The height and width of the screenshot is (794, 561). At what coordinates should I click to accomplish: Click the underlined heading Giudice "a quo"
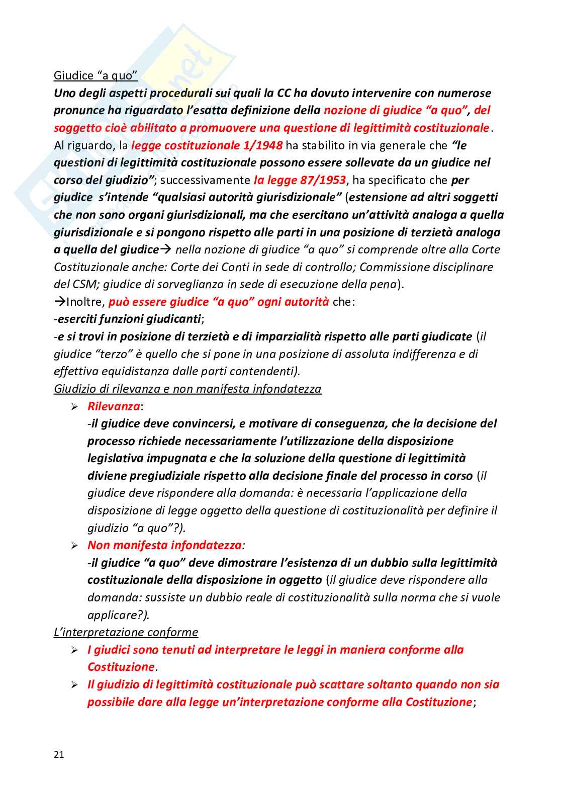tap(96, 75)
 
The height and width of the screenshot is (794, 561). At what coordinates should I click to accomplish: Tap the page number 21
tap(59, 754)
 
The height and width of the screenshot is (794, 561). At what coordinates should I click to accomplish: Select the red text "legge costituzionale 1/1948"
tap(207, 145)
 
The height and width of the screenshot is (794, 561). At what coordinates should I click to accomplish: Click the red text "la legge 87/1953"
tap(300, 180)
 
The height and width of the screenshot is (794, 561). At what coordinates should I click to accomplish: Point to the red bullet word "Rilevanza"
tap(114, 406)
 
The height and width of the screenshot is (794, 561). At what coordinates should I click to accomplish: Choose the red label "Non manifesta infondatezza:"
tap(166, 545)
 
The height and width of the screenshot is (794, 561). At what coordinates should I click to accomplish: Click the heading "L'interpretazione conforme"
tap(126, 632)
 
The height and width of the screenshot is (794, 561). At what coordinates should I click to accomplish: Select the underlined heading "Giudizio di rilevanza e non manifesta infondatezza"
tap(188, 389)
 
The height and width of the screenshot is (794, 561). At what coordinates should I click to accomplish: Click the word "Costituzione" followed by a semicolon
tap(438, 702)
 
